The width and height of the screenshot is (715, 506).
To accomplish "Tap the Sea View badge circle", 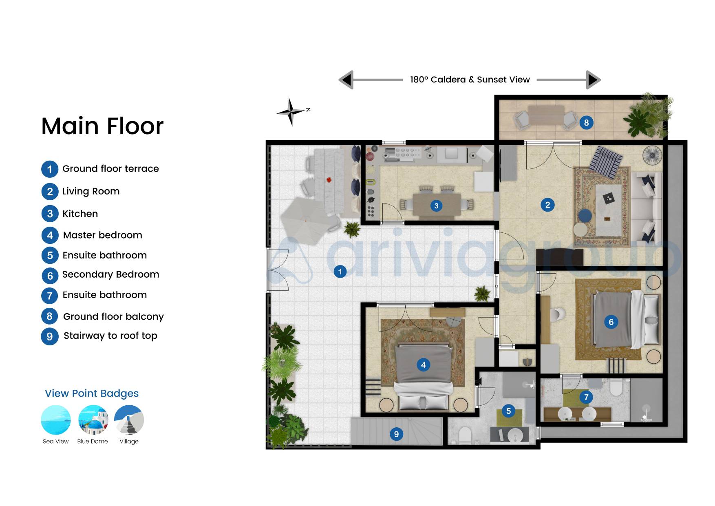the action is pyautogui.click(x=56, y=420).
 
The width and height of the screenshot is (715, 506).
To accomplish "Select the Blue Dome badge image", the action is pyautogui.click(x=93, y=420).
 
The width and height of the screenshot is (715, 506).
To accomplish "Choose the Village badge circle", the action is pyautogui.click(x=129, y=420).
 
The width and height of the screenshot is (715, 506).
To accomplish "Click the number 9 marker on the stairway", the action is pyautogui.click(x=396, y=434).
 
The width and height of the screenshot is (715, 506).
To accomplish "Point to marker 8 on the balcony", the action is pyautogui.click(x=586, y=122).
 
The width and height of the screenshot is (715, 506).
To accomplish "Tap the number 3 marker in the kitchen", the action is pyautogui.click(x=436, y=205).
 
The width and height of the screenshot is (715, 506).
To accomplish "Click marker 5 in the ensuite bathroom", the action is pyautogui.click(x=508, y=411).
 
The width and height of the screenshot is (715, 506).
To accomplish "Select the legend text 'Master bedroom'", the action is pyautogui.click(x=103, y=235).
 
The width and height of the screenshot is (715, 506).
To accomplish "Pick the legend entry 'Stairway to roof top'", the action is pyautogui.click(x=110, y=336).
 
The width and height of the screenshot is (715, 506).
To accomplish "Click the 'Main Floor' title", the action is pyautogui.click(x=102, y=126).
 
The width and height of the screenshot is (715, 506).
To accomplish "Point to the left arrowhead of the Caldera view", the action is pyautogui.click(x=346, y=80).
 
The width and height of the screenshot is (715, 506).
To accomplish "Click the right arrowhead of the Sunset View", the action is pyautogui.click(x=594, y=80).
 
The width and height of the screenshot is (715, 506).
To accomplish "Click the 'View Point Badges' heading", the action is pyautogui.click(x=92, y=393).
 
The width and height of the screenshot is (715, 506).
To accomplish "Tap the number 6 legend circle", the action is pyautogui.click(x=50, y=276).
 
